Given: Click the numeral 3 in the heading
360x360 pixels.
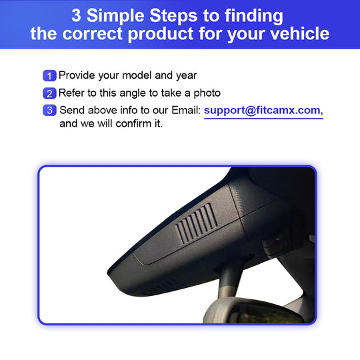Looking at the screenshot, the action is point(76,15).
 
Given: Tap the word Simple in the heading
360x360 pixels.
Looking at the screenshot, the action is point(115,16).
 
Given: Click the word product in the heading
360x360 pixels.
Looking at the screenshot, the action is point(161,35).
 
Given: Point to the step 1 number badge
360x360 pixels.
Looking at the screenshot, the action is point(49,76).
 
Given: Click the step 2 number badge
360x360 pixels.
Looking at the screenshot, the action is point(49,93).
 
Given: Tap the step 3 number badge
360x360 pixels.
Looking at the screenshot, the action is point(49,110).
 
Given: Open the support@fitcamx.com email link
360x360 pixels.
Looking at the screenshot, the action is point(263,111).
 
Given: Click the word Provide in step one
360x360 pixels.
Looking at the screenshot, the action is point(77,75).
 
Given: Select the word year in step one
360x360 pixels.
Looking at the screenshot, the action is point(186,76).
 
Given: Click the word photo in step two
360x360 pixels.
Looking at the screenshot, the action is point(207,94).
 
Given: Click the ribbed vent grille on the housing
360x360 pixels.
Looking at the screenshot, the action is point(197,223).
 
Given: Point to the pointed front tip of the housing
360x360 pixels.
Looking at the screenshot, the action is point(109,273).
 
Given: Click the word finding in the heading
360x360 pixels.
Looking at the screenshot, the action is point(254,16).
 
